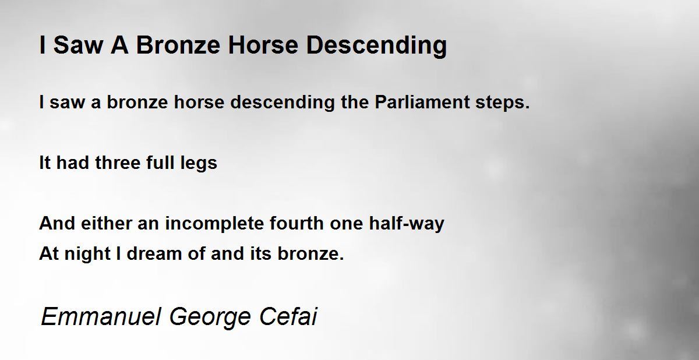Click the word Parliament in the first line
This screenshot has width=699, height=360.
pos(422,102)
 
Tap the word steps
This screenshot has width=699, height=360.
pos(502,103)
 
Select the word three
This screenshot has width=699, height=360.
pos(118,163)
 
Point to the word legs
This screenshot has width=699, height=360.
pos(199,164)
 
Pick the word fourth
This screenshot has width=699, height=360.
pos(296,223)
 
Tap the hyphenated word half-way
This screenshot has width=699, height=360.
pos(407,224)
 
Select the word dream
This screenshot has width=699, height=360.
pos(154,253)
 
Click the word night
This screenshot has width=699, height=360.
pos(87,254)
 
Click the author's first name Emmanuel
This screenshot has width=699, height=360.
pos(101,316)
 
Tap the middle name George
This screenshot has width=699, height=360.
pos(210,317)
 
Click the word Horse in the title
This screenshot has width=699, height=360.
pos(263,45)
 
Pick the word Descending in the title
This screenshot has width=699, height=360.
pos(377,46)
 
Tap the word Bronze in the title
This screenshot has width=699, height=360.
pos(178,45)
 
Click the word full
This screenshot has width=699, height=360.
pos(160,163)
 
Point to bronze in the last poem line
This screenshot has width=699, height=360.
pos(311,253)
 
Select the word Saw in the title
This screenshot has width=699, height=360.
pos(78,45)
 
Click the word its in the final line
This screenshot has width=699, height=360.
pos(261,253)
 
